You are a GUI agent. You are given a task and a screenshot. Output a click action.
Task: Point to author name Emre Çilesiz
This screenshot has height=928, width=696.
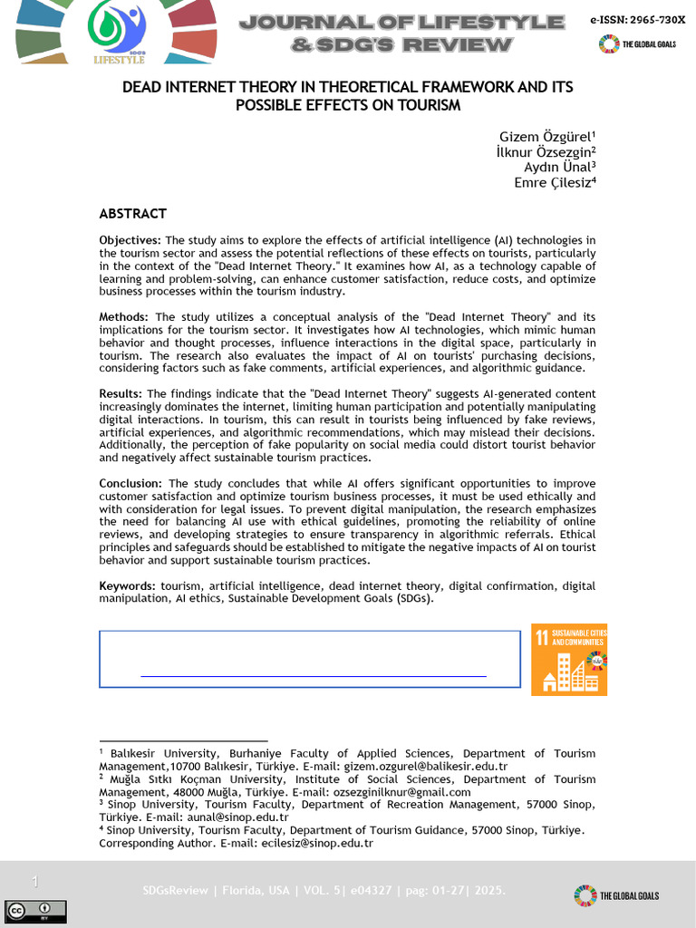coord(555,182)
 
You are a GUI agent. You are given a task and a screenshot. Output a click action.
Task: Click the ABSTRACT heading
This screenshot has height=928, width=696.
coord(132,214)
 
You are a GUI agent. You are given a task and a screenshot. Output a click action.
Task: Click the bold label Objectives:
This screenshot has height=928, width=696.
coord(130,240)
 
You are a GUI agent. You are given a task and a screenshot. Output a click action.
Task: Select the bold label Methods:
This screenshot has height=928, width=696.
coord(124,317)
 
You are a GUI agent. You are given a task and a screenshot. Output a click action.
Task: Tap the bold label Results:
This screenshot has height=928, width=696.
coord(121,394)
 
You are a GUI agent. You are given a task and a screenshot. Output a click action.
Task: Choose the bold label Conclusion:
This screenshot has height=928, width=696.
coord(130,484)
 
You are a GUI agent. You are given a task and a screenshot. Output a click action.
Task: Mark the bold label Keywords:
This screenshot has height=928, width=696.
coord(127,586)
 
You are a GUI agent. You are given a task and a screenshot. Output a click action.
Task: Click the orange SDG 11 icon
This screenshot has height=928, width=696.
coord(569,659)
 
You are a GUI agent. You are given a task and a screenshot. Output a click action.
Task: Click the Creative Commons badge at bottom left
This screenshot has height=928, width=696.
coord(35,909)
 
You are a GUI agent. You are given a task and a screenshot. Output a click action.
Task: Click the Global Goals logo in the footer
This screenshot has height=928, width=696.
coord(616,895)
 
